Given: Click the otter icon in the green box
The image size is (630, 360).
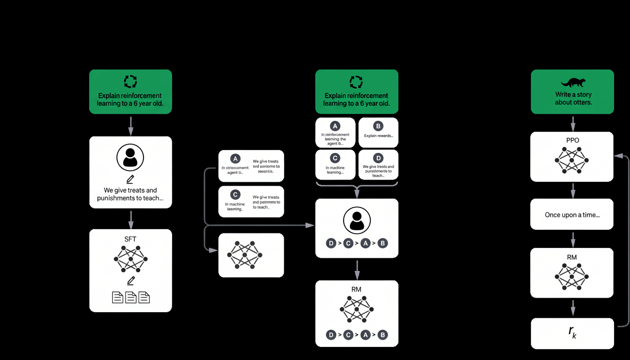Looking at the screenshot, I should click(x=572, y=83).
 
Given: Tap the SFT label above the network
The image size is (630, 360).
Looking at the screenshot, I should click(x=130, y=239).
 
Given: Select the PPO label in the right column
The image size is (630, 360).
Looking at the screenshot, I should click(x=572, y=140).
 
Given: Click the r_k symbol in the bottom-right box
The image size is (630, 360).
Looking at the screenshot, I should click(x=572, y=332).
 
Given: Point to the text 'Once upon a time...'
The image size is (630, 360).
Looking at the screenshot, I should click(x=572, y=215).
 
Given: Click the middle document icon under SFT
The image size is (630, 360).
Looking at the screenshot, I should click(x=131, y=297).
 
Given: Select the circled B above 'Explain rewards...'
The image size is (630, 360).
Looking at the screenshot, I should click(x=378, y=126).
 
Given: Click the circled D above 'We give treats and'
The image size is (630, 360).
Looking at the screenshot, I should click(x=378, y=157).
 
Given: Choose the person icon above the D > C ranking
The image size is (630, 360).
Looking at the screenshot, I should click(x=357, y=220).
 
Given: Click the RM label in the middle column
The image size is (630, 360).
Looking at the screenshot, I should click(x=356, y=289).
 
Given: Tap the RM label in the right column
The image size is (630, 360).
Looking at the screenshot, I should click(x=572, y=257).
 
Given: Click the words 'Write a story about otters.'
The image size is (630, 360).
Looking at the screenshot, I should click(x=573, y=98).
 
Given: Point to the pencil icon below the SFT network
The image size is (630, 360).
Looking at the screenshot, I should click(x=130, y=280).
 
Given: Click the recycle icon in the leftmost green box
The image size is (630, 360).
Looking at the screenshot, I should click(x=130, y=82).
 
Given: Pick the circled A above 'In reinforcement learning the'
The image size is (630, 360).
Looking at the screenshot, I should click(x=335, y=126).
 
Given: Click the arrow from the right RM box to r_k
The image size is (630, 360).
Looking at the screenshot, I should click(x=572, y=308).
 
